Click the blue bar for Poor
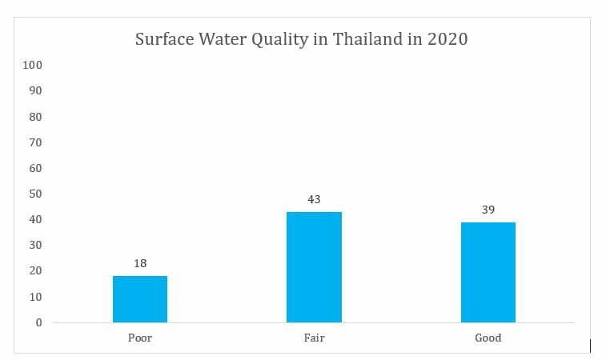pos(140,299)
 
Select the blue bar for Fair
pos(314,267)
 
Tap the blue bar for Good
pos(488,272)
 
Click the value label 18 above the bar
pos(140,262)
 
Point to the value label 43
pos(314,198)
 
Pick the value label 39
pos(488,210)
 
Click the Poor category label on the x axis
pos(140,338)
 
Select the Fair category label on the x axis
pos(314,338)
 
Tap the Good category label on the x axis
pos(488,338)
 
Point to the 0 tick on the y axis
pos(38,322)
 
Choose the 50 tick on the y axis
pos(34,194)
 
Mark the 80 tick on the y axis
pos(34,117)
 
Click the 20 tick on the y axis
pos(34,271)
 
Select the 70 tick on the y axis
pos(34,142)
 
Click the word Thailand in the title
pos(363,39)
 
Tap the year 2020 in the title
pos(447,39)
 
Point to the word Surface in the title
pos(163,39)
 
